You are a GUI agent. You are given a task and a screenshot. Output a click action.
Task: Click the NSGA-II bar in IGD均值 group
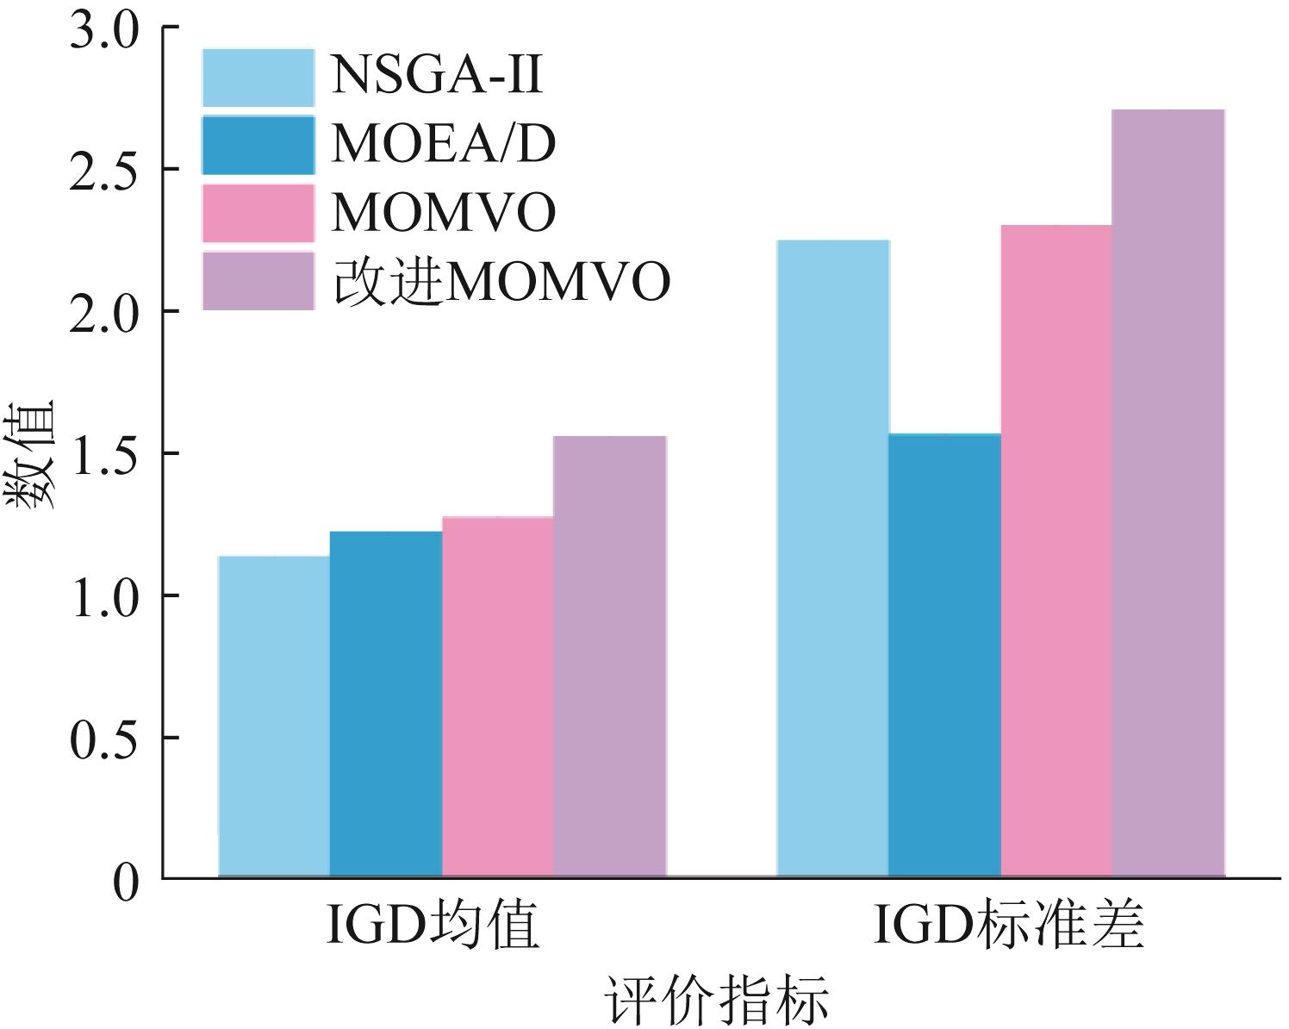point(274,717)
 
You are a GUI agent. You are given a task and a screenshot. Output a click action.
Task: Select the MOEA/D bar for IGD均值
point(386,705)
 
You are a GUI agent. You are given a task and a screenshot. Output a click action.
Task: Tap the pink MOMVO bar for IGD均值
point(497,697)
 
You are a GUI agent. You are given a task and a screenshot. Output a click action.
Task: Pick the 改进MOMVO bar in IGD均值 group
point(609,657)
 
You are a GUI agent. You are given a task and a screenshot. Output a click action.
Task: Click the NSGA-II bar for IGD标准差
point(832,558)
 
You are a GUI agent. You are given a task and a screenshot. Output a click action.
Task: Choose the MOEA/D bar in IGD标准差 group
point(944,656)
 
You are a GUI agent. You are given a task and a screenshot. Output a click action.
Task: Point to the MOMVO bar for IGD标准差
point(1056,552)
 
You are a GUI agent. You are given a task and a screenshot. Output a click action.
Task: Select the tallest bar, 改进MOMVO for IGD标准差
point(1168,494)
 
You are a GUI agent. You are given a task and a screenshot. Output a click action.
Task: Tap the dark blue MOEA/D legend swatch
point(258,145)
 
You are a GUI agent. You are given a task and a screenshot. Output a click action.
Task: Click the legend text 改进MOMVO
point(501,281)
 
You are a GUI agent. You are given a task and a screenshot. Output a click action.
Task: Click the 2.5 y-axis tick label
point(103,170)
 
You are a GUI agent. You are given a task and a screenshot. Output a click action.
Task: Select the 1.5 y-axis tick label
point(103,454)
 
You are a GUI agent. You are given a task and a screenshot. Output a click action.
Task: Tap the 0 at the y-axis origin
point(126,882)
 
